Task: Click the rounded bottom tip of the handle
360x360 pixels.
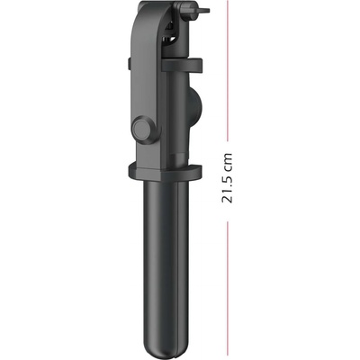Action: [168, 347]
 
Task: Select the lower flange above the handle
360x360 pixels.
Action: [166, 171]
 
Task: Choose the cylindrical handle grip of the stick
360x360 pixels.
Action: [167, 261]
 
